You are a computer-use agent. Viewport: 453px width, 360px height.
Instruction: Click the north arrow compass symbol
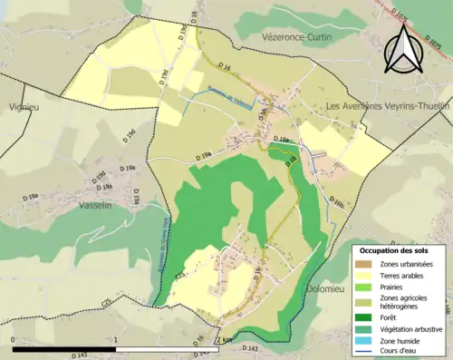point(402,49)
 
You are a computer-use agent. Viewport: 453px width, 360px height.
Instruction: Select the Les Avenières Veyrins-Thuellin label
point(389,106)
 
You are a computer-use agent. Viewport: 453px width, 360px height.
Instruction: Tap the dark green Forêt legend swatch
point(366,317)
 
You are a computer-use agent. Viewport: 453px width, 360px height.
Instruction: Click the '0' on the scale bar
point(14,341)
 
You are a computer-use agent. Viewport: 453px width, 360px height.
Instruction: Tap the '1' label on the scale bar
point(116,341)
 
